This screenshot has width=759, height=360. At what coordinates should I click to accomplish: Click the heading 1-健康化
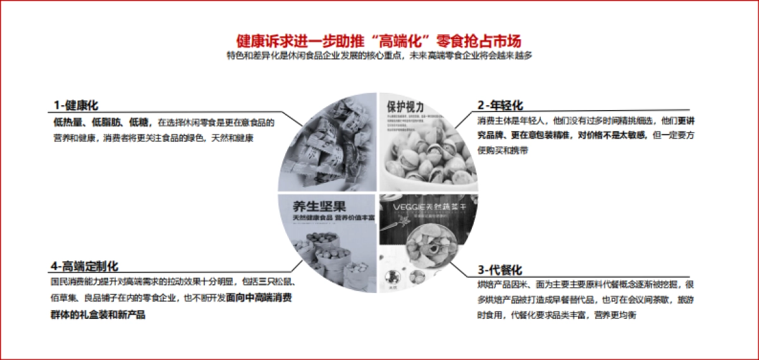point(75,105)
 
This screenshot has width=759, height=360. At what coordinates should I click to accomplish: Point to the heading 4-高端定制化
point(85,266)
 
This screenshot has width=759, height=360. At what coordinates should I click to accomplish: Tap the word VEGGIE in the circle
point(407,206)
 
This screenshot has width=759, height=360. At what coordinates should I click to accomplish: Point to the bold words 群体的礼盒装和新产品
point(98,314)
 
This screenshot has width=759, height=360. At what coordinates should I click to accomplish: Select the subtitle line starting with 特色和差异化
point(379,56)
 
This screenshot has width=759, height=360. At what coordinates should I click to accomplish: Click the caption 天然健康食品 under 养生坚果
point(307,218)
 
